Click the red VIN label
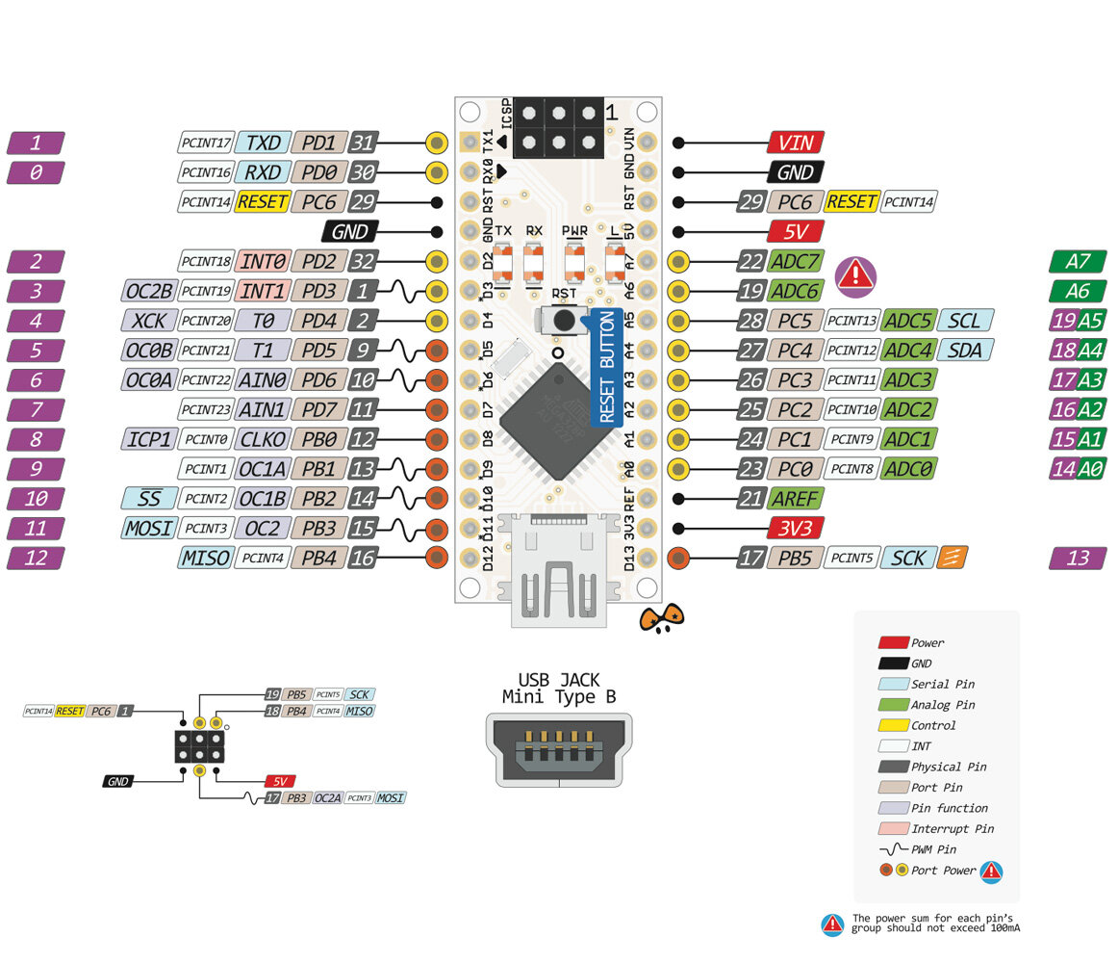[x=796, y=143]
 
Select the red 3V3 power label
[x=796, y=528]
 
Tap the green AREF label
[x=796, y=499]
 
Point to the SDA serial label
[x=965, y=351]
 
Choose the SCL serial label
[x=965, y=321]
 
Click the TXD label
[x=262, y=143]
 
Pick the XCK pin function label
[x=149, y=321]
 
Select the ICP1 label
[x=149, y=440]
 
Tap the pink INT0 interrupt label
[x=262, y=262]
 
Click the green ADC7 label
[x=796, y=262]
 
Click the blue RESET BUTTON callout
[x=606, y=367]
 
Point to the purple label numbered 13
[x=1083, y=558]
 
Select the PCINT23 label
[x=206, y=410]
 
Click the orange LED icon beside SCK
[x=953, y=557]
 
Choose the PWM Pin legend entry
[x=927, y=849]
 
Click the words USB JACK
[x=559, y=680]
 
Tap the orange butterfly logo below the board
[x=662, y=618]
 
